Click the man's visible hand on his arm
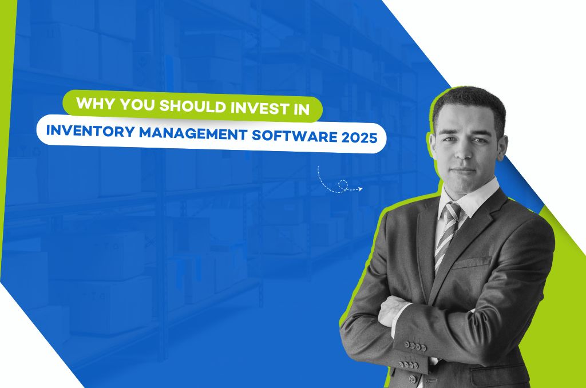391,309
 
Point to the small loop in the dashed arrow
342,184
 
